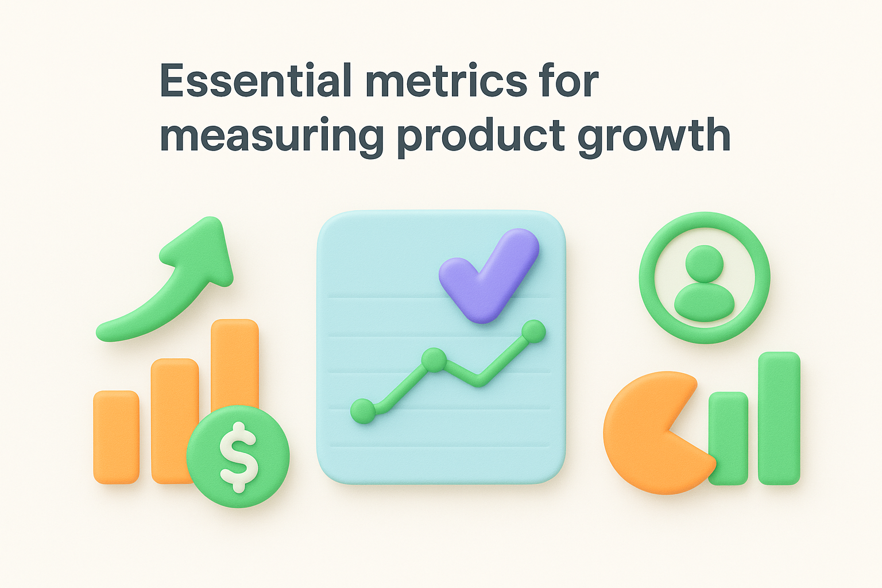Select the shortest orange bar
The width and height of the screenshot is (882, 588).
coord(116,436)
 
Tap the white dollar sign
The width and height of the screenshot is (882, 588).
coord(238,457)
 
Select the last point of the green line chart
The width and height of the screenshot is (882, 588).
coord(534,332)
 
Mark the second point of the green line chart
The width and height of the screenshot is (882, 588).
coord(434,361)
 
